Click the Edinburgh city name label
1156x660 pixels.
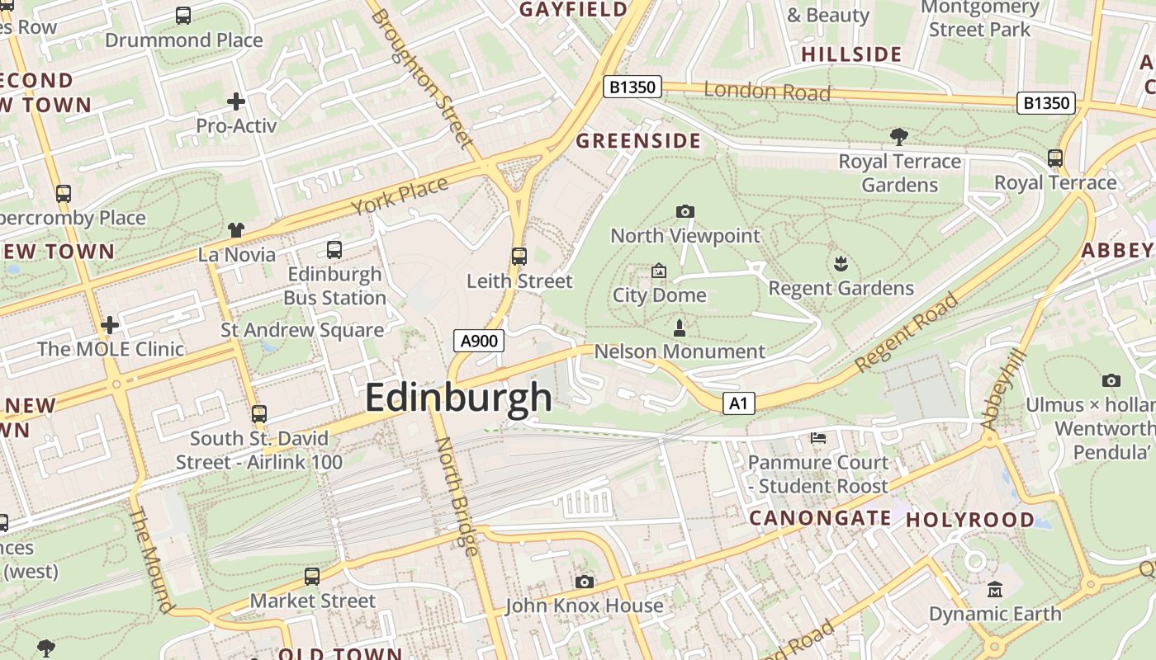click(458, 398)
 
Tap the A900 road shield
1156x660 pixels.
click(479, 341)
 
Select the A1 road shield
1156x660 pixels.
click(739, 403)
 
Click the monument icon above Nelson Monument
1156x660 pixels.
click(680, 328)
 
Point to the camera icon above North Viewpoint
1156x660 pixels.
click(685, 212)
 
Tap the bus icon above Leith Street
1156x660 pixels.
click(519, 257)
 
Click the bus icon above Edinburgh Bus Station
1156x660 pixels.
click(334, 249)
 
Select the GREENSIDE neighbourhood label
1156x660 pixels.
click(638, 141)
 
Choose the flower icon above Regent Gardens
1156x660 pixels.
click(841, 264)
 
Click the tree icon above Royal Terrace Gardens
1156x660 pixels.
click(899, 136)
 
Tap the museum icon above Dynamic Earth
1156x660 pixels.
click(995, 590)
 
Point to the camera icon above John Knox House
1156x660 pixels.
click(585, 582)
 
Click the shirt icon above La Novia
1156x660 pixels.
click(236, 230)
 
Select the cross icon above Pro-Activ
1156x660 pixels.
click(236, 101)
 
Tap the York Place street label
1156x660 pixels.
click(400, 196)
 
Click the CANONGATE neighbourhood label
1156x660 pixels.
click(819, 518)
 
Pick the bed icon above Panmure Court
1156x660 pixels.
click(818, 437)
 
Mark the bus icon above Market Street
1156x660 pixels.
click(312, 577)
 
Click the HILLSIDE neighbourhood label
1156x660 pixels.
click(851, 54)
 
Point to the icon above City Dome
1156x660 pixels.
click(659, 271)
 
